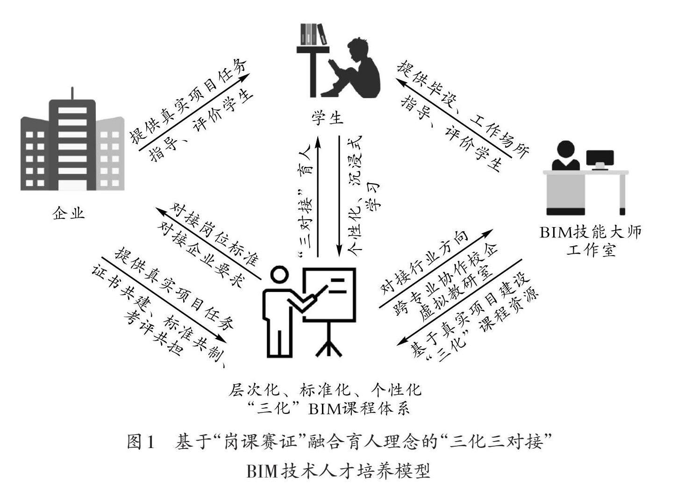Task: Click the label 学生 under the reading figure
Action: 328,117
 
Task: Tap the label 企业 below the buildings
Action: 69,213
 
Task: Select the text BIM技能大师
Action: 591,232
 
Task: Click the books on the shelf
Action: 313,34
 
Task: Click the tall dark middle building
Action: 72,145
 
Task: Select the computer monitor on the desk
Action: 600,159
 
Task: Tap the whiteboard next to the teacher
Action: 329,294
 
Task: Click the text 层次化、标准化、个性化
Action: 325,389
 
